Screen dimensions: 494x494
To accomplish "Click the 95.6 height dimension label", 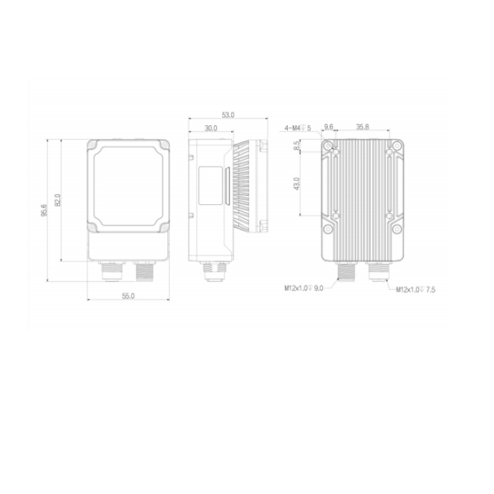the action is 44,210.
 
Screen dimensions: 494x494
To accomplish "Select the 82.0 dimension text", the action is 58,200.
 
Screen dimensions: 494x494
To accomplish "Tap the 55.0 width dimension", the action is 128,296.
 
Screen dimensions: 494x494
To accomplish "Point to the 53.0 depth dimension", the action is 228,115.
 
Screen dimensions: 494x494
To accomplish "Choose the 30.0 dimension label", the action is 211,128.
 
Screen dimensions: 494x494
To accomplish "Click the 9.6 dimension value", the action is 329,127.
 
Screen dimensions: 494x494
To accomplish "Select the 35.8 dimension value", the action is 362,127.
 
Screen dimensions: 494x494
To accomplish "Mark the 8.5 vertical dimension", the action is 296,146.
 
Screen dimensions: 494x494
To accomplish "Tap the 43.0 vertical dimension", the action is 296,184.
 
